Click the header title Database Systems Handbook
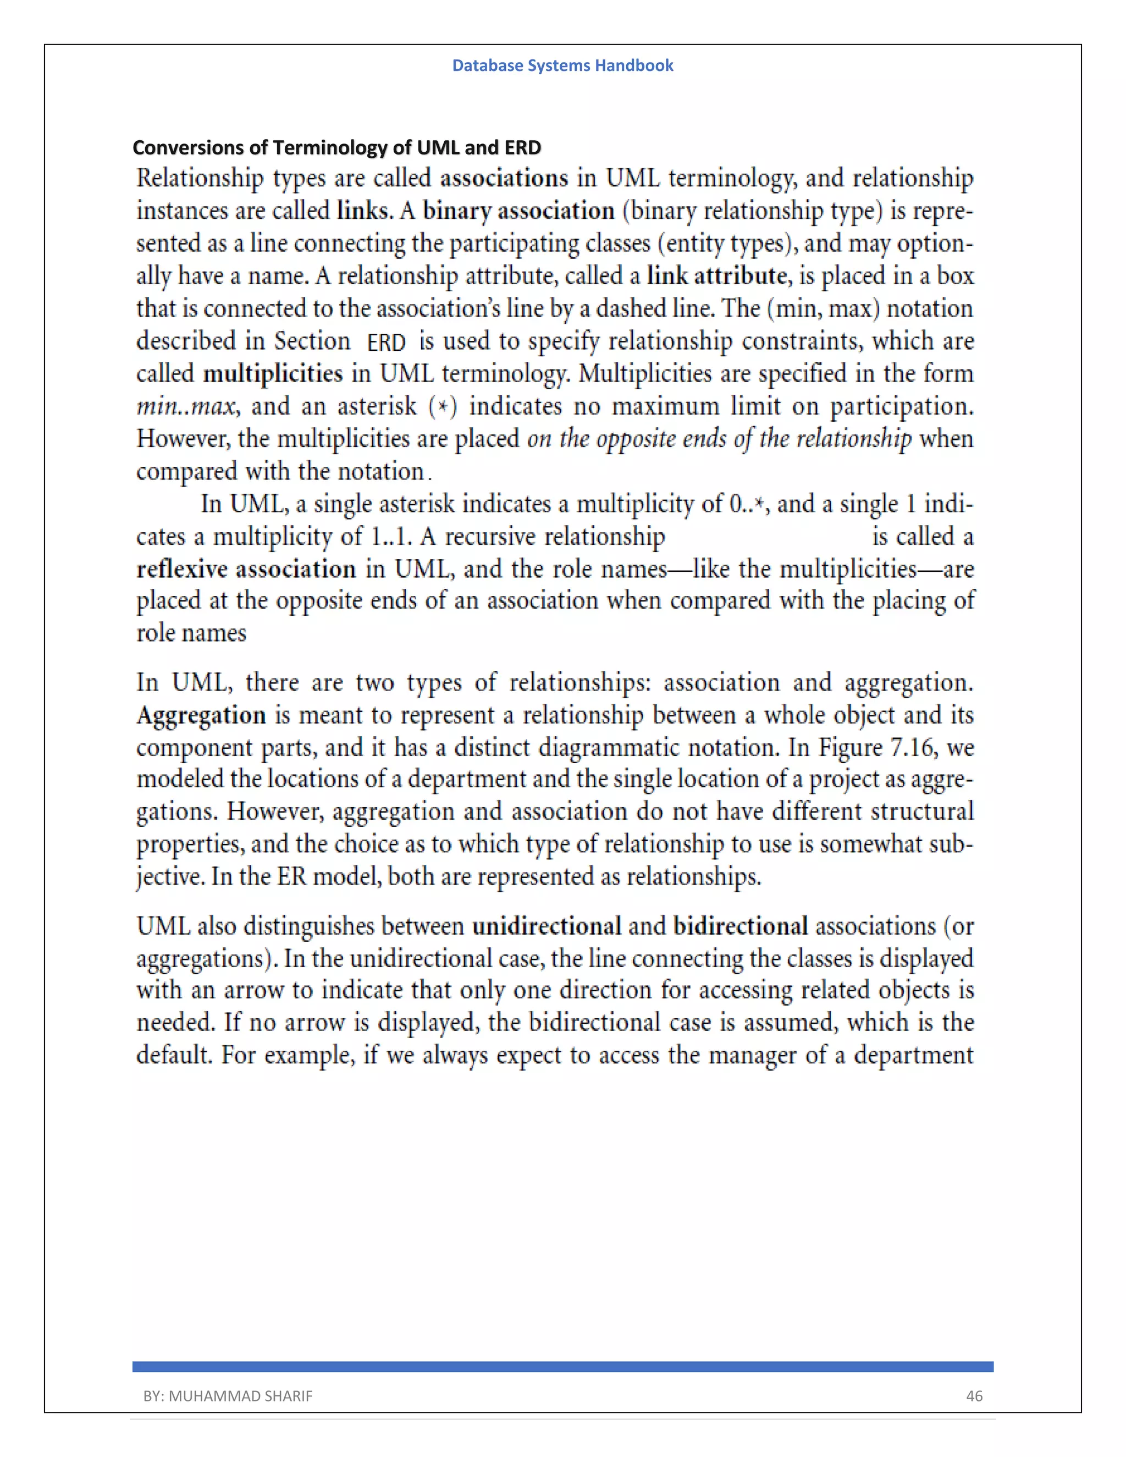[562, 65]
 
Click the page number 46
[974, 1395]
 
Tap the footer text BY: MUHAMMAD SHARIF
[228, 1395]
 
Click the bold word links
[363, 211]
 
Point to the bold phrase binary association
[518, 211]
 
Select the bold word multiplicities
[272, 373]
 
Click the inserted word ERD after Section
[386, 342]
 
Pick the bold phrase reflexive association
[246, 569]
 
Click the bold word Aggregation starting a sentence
[201, 715]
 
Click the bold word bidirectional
[741, 926]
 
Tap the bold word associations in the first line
[504, 178]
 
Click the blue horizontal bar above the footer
[562, 1367]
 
